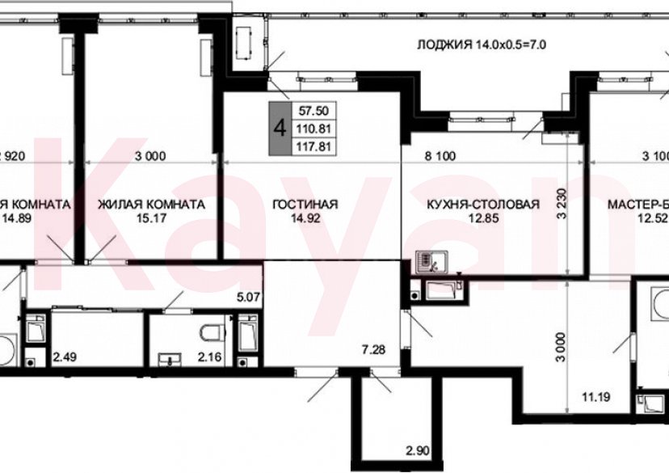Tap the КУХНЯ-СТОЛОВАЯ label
pyautogui.click(x=482, y=205)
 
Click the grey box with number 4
pyautogui.click(x=280, y=127)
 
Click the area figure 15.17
pyautogui.click(x=150, y=218)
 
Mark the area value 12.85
pyautogui.click(x=482, y=218)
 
